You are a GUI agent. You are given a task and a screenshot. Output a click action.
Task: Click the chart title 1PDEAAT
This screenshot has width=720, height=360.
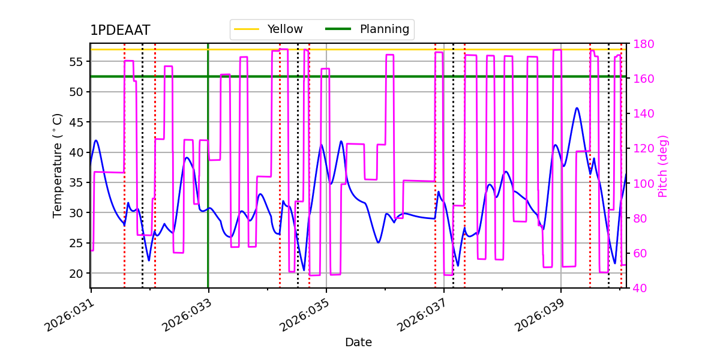point(120,31)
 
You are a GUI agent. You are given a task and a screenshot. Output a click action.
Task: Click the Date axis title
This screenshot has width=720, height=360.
point(358,343)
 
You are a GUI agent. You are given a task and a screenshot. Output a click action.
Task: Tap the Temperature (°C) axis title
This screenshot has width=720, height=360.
point(58,165)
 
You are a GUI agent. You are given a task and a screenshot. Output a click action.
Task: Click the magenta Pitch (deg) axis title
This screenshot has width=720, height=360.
point(663,166)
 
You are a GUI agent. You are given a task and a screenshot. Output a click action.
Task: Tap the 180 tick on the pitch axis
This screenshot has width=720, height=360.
point(642,44)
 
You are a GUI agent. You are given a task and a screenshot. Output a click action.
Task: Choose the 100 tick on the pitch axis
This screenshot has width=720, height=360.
point(642,184)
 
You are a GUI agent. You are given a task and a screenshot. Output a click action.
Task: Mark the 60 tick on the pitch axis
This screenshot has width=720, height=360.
point(639,253)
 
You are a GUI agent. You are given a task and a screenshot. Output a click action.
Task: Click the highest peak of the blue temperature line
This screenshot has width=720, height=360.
point(577,108)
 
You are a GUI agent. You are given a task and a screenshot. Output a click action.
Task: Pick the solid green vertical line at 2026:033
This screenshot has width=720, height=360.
point(208,180)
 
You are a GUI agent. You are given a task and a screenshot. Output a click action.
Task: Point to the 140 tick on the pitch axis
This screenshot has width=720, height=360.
point(642,114)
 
